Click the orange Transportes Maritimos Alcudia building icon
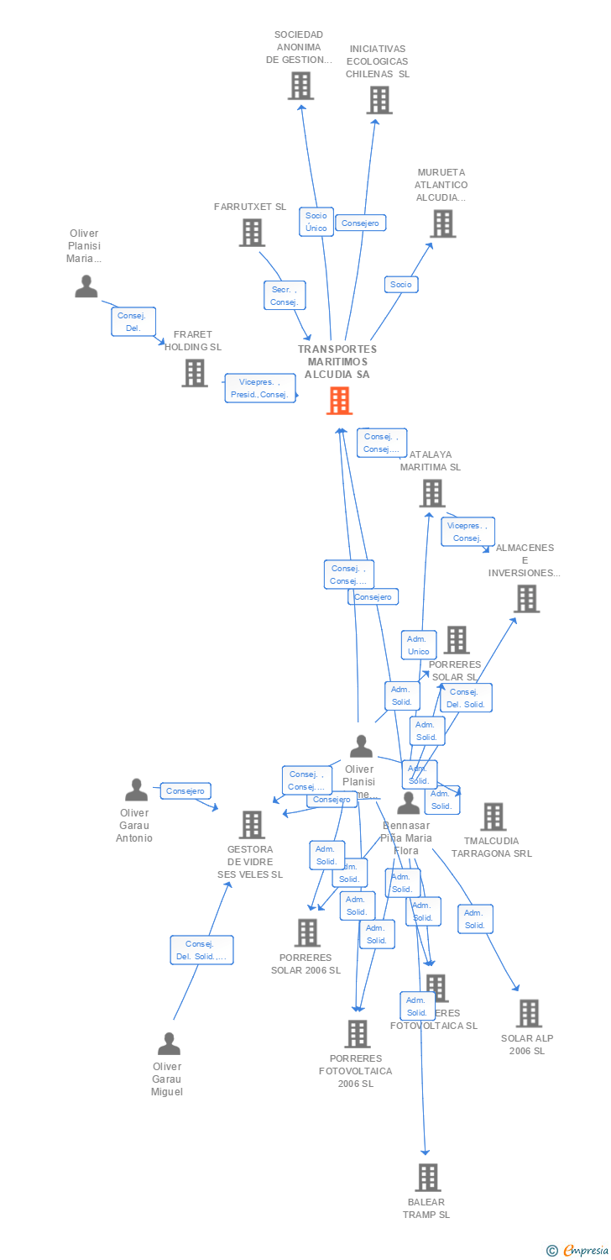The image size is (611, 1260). tap(339, 401)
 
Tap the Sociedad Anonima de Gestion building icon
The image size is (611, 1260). tap(300, 86)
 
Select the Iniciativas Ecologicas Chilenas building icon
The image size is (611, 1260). tap(379, 100)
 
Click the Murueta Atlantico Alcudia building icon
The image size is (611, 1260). tap(442, 223)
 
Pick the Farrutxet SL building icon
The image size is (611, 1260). tap(251, 233)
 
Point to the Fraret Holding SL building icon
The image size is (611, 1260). tap(195, 373)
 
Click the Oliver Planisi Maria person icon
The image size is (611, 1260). tap(86, 286)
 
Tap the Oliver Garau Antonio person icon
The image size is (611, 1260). tap(136, 790)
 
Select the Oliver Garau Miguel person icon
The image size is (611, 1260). tap(169, 1044)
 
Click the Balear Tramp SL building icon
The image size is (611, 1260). tap(428, 1178)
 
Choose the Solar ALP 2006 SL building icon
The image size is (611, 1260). tap(529, 1014)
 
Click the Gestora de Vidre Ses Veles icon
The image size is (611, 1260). tap(252, 825)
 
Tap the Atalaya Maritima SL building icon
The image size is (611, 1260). tap(432, 493)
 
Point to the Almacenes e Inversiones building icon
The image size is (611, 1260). tap(526, 599)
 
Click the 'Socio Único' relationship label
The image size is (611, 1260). tap(316, 222)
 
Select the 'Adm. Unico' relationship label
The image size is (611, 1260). tap(418, 645)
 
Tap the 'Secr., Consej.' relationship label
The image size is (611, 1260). tap(285, 296)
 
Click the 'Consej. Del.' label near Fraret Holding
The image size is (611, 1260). tap(133, 322)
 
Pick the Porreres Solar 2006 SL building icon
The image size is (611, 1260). tap(307, 932)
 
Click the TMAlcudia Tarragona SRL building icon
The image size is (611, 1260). tap(493, 816)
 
